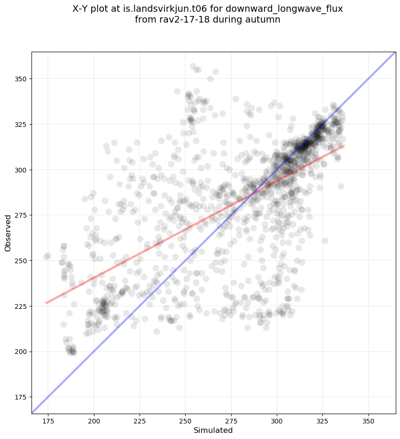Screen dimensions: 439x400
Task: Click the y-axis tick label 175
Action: click(21, 397)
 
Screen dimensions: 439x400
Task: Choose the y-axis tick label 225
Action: click(21, 306)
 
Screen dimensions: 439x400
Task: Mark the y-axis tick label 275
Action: click(21, 215)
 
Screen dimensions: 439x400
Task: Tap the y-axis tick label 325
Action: click(21, 124)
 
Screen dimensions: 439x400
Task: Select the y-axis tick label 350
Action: click(21, 78)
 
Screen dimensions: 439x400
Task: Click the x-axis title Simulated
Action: click(213, 430)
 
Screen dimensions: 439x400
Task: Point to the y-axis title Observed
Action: click(8, 233)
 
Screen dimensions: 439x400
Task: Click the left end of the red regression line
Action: click(46, 303)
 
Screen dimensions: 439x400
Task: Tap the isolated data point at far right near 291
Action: click(341, 186)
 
